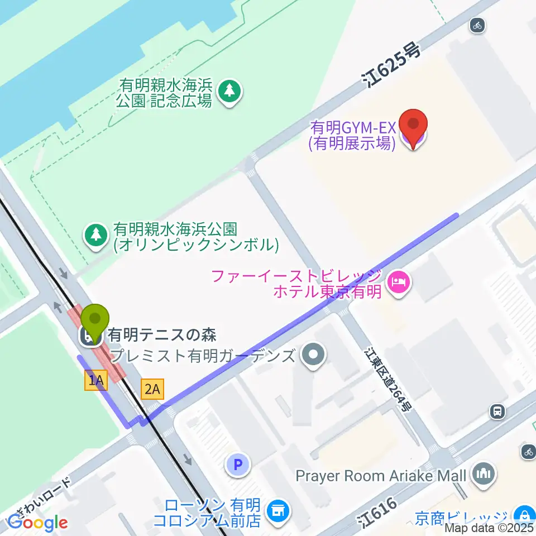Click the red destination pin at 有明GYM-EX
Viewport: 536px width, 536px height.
point(414,128)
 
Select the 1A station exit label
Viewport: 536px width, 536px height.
point(95,381)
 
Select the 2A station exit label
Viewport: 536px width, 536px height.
point(152,389)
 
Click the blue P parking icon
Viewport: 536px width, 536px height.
point(238,464)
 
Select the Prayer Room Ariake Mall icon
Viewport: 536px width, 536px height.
point(484,475)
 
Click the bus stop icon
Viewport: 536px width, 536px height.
point(496,412)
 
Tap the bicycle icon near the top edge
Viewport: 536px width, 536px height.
point(477,25)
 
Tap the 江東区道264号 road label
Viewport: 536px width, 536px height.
point(389,380)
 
